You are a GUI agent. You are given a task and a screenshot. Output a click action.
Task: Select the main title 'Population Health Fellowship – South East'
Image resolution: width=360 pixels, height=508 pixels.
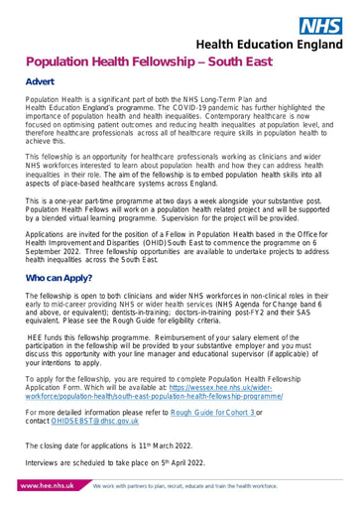(x=165, y=63)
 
